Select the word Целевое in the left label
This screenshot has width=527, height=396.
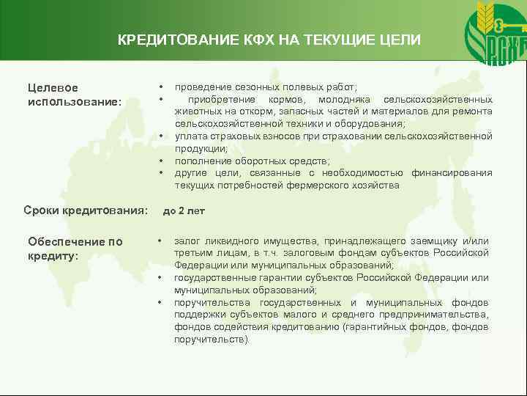[53, 88]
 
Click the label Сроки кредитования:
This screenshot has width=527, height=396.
[86, 210]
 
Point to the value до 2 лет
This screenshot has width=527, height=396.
[184, 210]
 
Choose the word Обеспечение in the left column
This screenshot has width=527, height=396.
[65, 241]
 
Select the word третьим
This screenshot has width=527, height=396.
[193, 253]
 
